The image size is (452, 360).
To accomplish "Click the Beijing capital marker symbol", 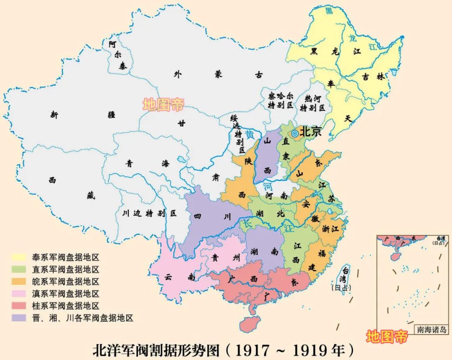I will pos(295,133).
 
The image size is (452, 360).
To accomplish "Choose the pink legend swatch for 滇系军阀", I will pos(19,294).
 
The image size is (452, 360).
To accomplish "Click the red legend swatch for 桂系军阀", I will pos(19,306).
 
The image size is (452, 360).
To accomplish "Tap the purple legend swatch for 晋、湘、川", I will pos(19,318).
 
